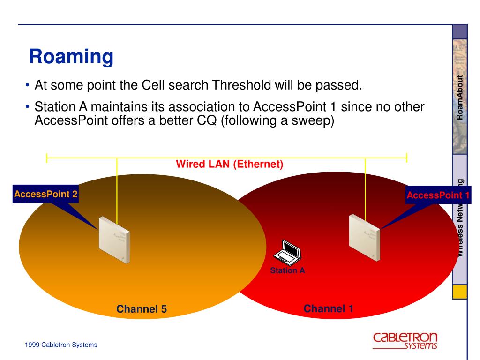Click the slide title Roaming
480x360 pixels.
point(71,57)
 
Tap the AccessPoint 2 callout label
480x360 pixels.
point(45,194)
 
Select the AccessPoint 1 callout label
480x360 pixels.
point(438,195)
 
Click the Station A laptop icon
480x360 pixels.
point(287,252)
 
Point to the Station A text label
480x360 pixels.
point(287,270)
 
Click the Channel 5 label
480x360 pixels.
point(142,309)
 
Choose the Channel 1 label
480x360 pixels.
point(329,308)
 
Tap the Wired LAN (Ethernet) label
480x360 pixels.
point(230,165)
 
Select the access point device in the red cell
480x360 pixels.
point(365,232)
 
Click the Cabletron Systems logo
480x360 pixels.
point(405,341)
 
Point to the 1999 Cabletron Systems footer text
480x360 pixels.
point(61,345)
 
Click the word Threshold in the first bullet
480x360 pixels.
point(240,85)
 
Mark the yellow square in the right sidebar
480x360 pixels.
point(460,292)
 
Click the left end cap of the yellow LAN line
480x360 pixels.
point(46,158)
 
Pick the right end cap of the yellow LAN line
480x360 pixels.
point(406,158)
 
